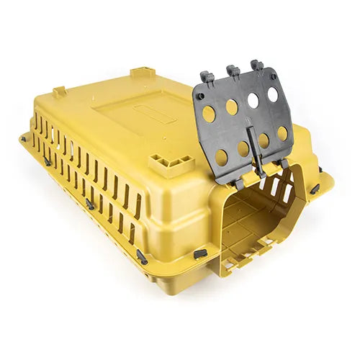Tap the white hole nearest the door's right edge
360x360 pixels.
click(x=273, y=94)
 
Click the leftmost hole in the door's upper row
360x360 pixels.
click(x=209, y=113)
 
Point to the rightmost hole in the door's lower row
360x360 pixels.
click(x=282, y=133)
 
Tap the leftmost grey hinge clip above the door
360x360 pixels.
click(x=207, y=76)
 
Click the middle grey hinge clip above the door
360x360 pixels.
click(x=232, y=71)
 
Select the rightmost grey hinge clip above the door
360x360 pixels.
click(x=256, y=66)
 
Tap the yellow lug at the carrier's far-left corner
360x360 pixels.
click(x=59, y=92)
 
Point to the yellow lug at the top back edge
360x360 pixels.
click(x=142, y=73)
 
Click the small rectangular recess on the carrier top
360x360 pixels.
click(x=154, y=114)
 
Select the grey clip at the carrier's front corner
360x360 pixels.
click(x=141, y=256)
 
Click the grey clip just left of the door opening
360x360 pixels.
click(x=200, y=253)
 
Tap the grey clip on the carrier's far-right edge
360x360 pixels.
click(x=315, y=189)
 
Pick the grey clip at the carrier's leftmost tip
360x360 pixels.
click(x=24, y=138)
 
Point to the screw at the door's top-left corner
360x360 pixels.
click(x=199, y=95)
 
